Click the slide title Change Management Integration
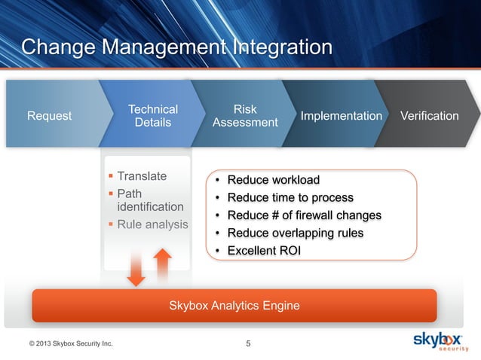click(176, 47)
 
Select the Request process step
click(49, 116)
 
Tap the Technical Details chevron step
click(153, 116)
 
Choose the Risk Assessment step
click(244, 116)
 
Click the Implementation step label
click(341, 116)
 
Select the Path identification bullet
click(149, 200)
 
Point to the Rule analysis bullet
click(152, 224)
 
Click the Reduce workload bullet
click(273, 180)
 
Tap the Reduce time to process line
click(290, 197)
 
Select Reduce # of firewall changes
click(304, 215)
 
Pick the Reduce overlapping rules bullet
click(295, 233)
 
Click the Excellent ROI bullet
click(263, 251)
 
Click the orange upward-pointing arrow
click(162, 264)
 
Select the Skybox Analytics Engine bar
click(234, 305)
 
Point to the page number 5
click(249, 345)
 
